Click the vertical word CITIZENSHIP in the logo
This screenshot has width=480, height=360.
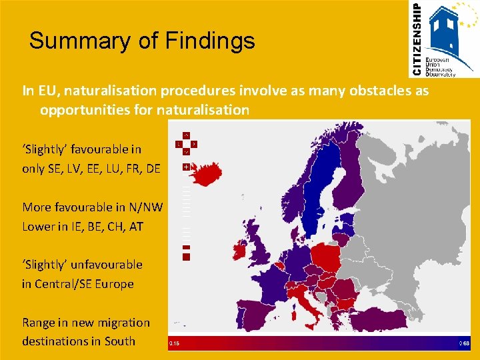(x=417, y=38)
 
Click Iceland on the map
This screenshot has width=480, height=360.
(x=205, y=175)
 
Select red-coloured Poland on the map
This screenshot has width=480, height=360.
(x=327, y=257)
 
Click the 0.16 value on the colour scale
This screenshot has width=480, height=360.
(x=174, y=344)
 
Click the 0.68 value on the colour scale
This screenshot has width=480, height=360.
(x=465, y=344)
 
